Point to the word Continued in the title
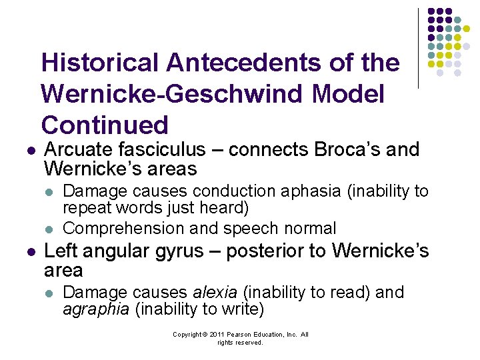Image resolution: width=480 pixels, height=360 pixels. [105, 125]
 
